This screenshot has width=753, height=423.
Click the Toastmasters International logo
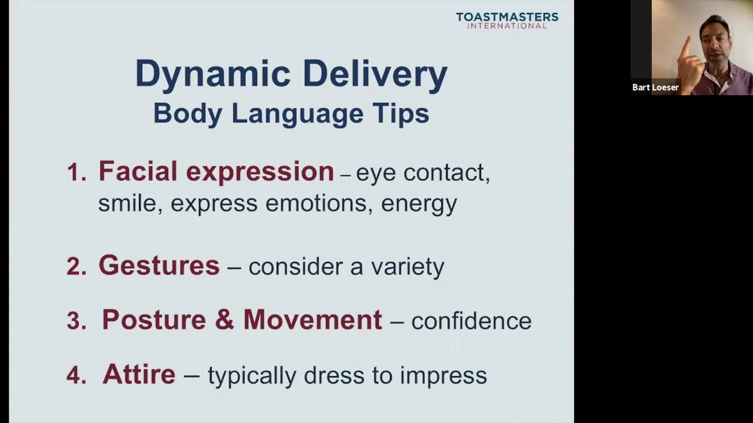tap(507, 21)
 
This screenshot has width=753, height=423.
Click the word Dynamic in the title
tap(213, 75)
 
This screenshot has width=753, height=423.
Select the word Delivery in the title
tap(375, 75)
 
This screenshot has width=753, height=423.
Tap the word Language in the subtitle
tap(297, 113)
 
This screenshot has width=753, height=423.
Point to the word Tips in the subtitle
tap(401, 113)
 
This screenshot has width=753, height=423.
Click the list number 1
tap(76, 172)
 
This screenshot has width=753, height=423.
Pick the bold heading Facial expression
tap(216, 172)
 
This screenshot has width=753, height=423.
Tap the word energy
tap(419, 204)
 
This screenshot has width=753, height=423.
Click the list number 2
tap(76, 267)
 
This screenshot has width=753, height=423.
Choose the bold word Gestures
tap(159, 266)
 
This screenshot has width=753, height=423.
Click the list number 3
tap(76, 321)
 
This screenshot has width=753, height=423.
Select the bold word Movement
tap(312, 320)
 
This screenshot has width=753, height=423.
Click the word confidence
tap(471, 321)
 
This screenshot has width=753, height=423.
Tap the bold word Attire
tap(139, 374)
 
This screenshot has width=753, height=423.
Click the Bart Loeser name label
tap(655, 88)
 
